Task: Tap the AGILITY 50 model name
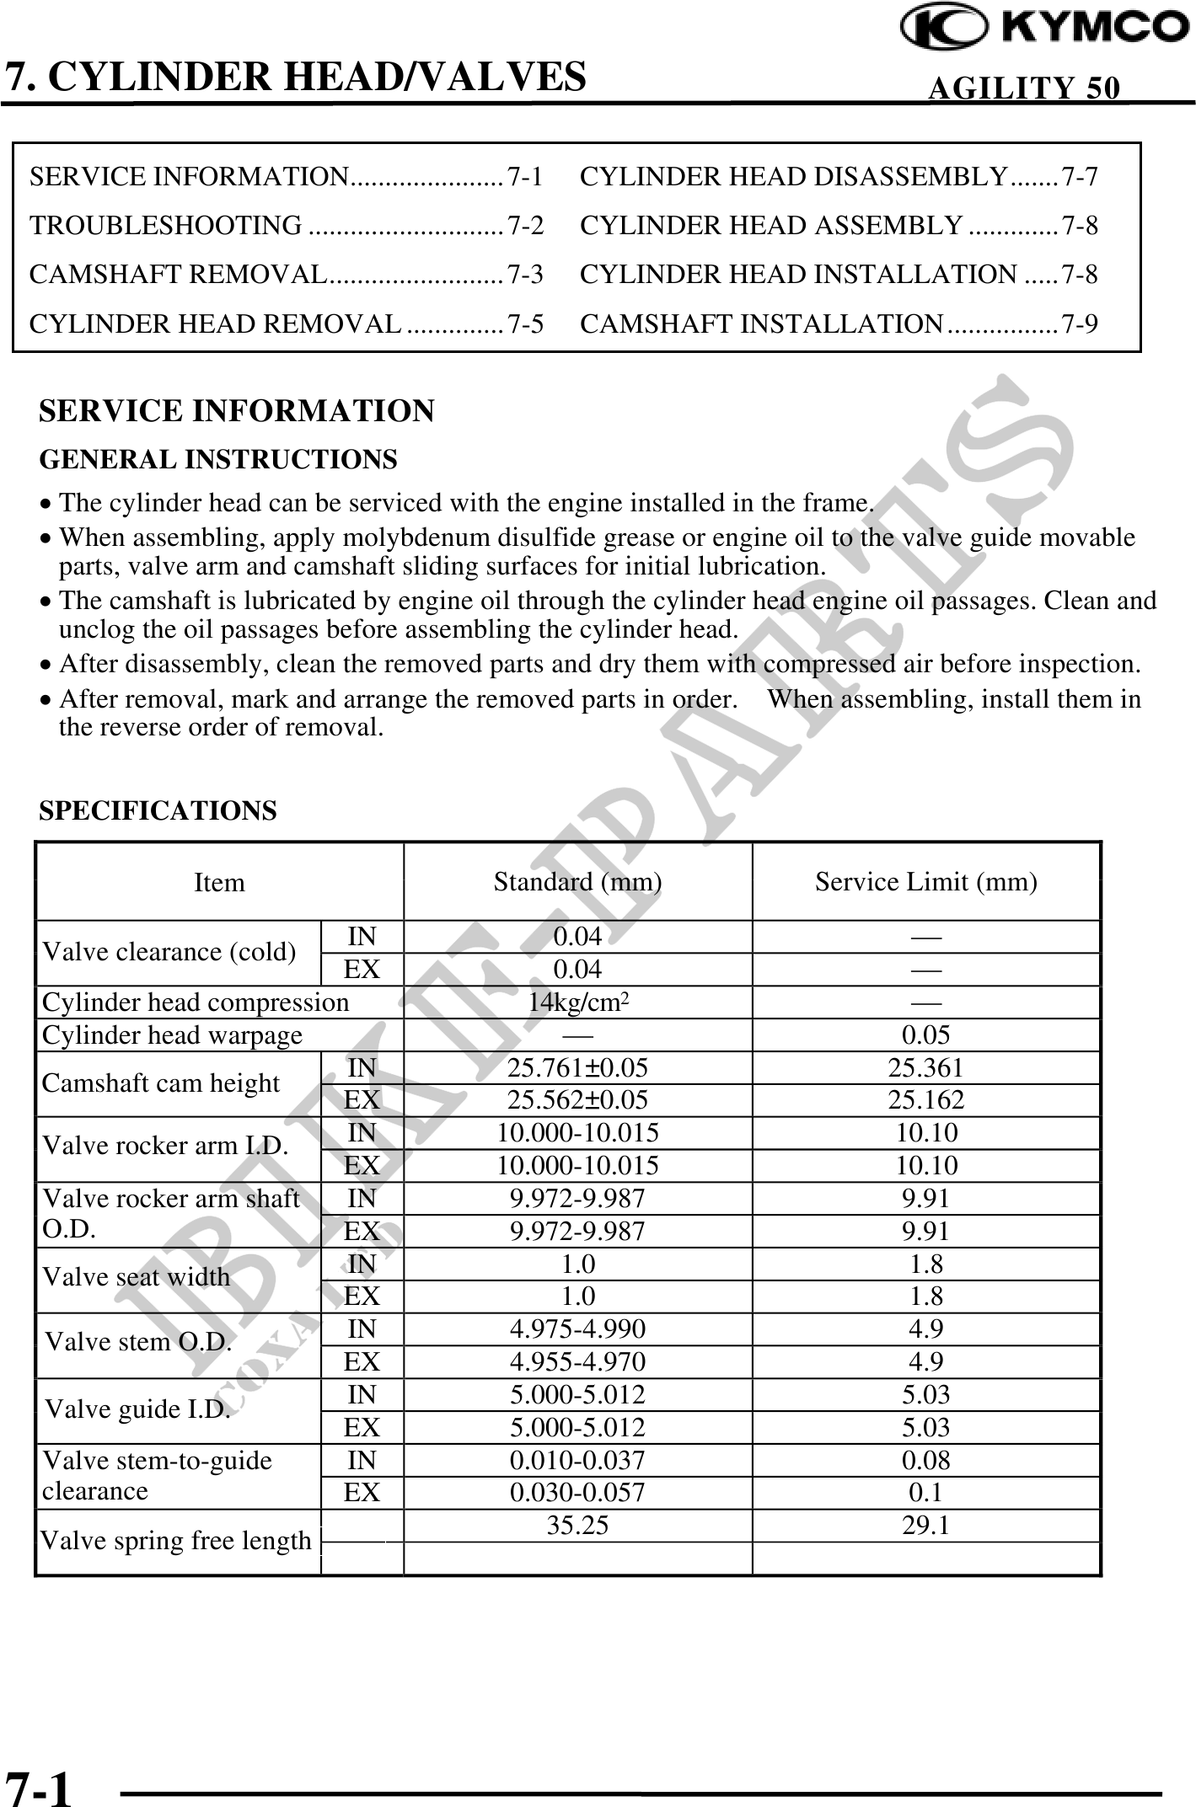pos(1024,88)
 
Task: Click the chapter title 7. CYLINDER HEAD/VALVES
pos(296,76)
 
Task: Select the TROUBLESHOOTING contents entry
pos(166,226)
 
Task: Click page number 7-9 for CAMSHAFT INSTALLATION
pos(1080,323)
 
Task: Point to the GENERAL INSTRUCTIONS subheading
pos(218,460)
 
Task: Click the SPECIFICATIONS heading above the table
pos(158,810)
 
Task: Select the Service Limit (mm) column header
pos(925,882)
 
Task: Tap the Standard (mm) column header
pos(577,882)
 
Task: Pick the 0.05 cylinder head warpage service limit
pos(925,1034)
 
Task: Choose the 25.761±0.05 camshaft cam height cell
pos(577,1067)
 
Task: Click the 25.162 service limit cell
pos(925,1100)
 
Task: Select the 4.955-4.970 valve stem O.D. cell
pos(577,1362)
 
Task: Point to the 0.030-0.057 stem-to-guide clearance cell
pos(577,1493)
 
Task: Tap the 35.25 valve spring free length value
pos(577,1526)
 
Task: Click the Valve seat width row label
pos(136,1277)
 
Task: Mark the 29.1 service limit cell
pos(925,1526)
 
